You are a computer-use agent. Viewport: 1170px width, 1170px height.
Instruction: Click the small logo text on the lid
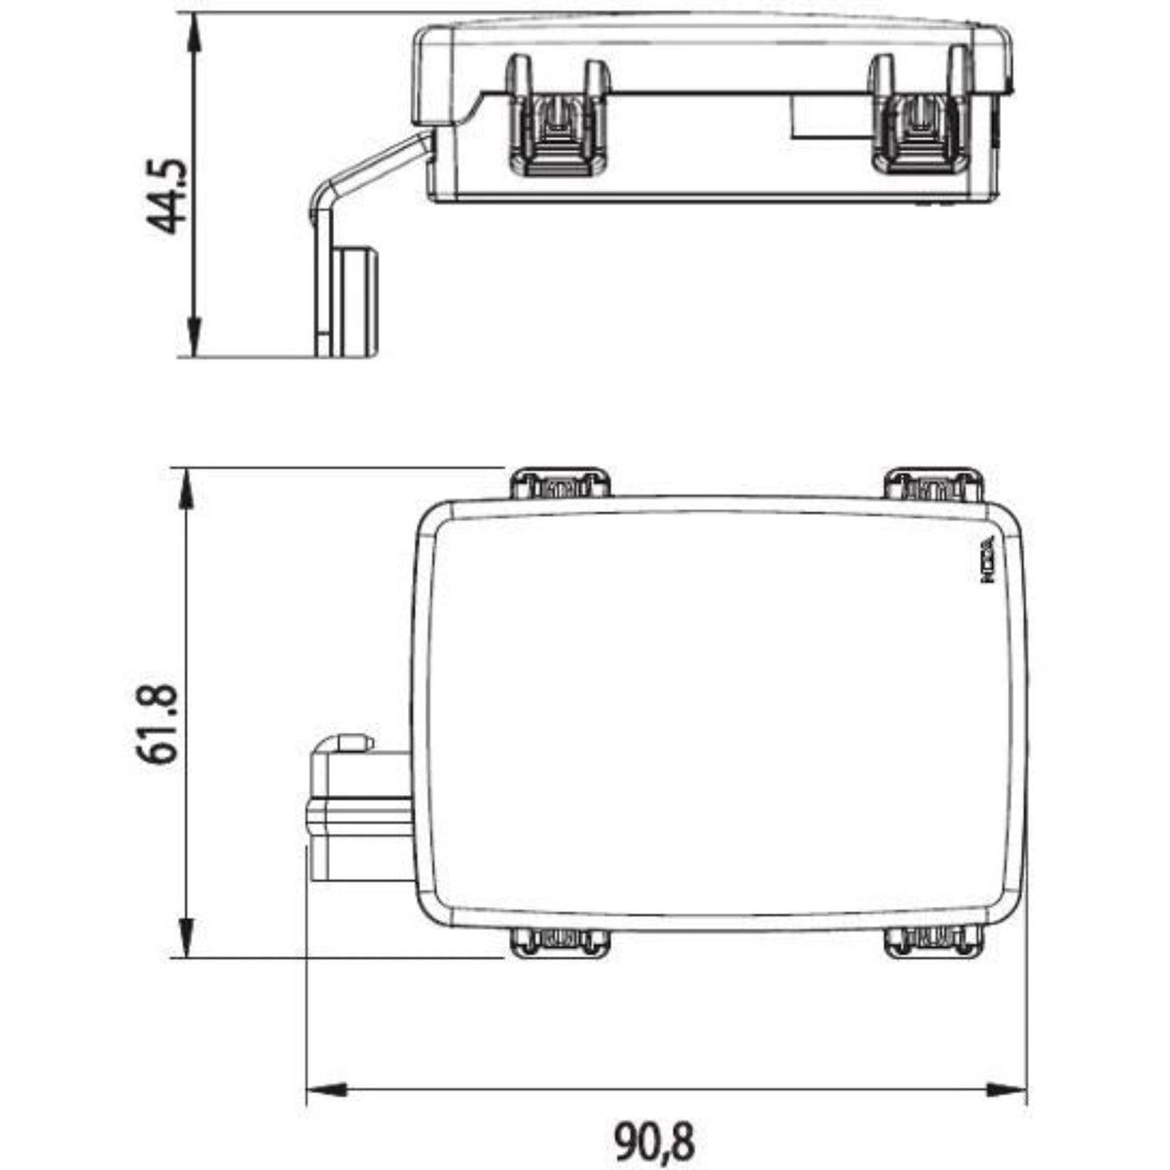click(989, 559)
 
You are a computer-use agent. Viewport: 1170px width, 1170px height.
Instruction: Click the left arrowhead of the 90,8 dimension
click(326, 1090)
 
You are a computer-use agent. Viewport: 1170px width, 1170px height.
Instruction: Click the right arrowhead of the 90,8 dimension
click(1008, 1090)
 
